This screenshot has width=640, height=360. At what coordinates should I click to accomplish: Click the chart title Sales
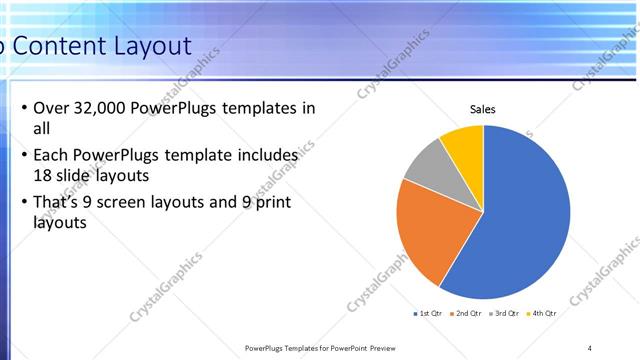tap(483, 110)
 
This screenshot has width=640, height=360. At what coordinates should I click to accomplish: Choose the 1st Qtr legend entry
tap(431, 313)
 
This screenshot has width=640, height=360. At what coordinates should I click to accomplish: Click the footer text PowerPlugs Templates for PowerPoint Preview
tap(320, 347)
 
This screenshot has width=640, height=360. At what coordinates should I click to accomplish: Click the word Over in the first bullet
tap(50, 109)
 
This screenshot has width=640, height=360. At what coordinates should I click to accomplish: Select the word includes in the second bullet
tap(269, 157)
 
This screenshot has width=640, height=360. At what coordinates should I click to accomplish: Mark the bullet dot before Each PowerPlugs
tap(23, 157)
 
